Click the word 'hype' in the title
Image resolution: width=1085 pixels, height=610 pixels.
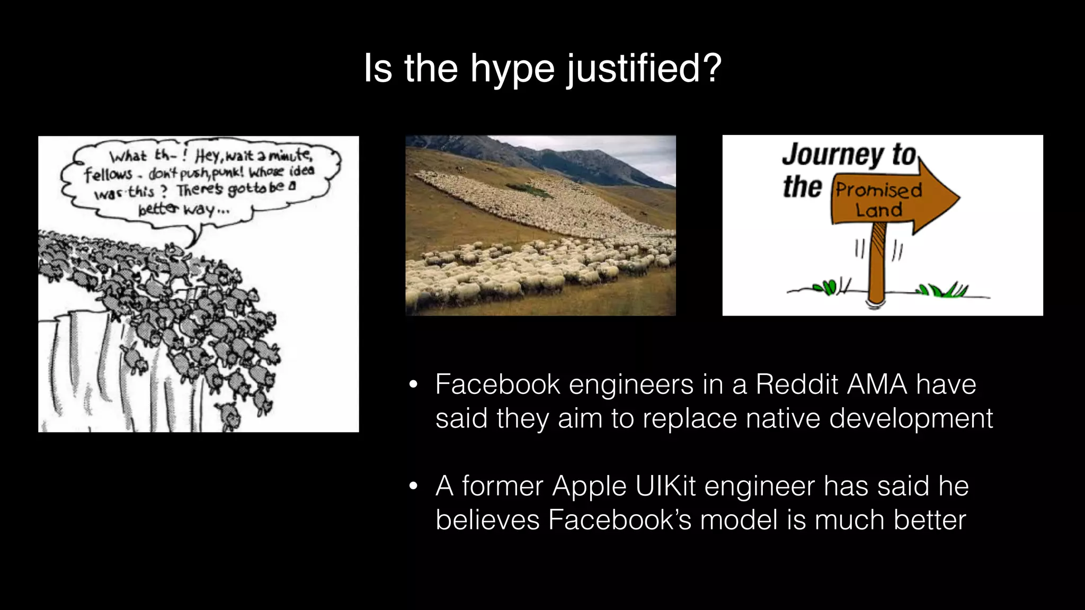pos(512,69)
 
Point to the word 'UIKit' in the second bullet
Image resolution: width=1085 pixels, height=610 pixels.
pos(665,486)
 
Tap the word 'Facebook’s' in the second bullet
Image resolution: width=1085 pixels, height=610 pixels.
pos(620,520)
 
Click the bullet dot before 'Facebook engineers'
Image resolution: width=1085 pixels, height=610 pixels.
pos(413,384)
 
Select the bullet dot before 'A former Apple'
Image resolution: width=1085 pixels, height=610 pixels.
pos(413,486)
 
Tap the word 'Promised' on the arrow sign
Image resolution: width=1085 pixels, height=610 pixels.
pos(879,190)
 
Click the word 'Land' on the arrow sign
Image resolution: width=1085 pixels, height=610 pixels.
pos(879,210)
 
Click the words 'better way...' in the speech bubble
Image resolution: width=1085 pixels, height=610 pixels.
pos(183,209)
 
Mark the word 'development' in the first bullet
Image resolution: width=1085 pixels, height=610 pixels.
pos(911,418)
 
